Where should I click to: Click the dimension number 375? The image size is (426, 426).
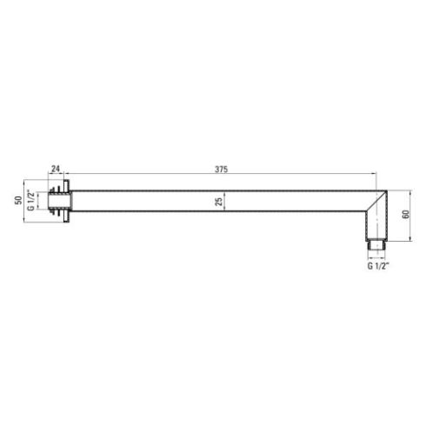221,170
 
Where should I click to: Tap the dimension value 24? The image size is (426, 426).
56,169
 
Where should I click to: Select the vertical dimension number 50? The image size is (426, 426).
19,200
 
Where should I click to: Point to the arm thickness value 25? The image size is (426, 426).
219,202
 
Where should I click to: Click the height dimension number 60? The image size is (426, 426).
406,214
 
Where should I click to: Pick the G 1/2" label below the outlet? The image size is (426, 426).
378,266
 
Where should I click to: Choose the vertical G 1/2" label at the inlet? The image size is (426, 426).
30,201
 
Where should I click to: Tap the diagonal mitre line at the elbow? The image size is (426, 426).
376,201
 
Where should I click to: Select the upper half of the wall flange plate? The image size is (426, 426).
67,185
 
